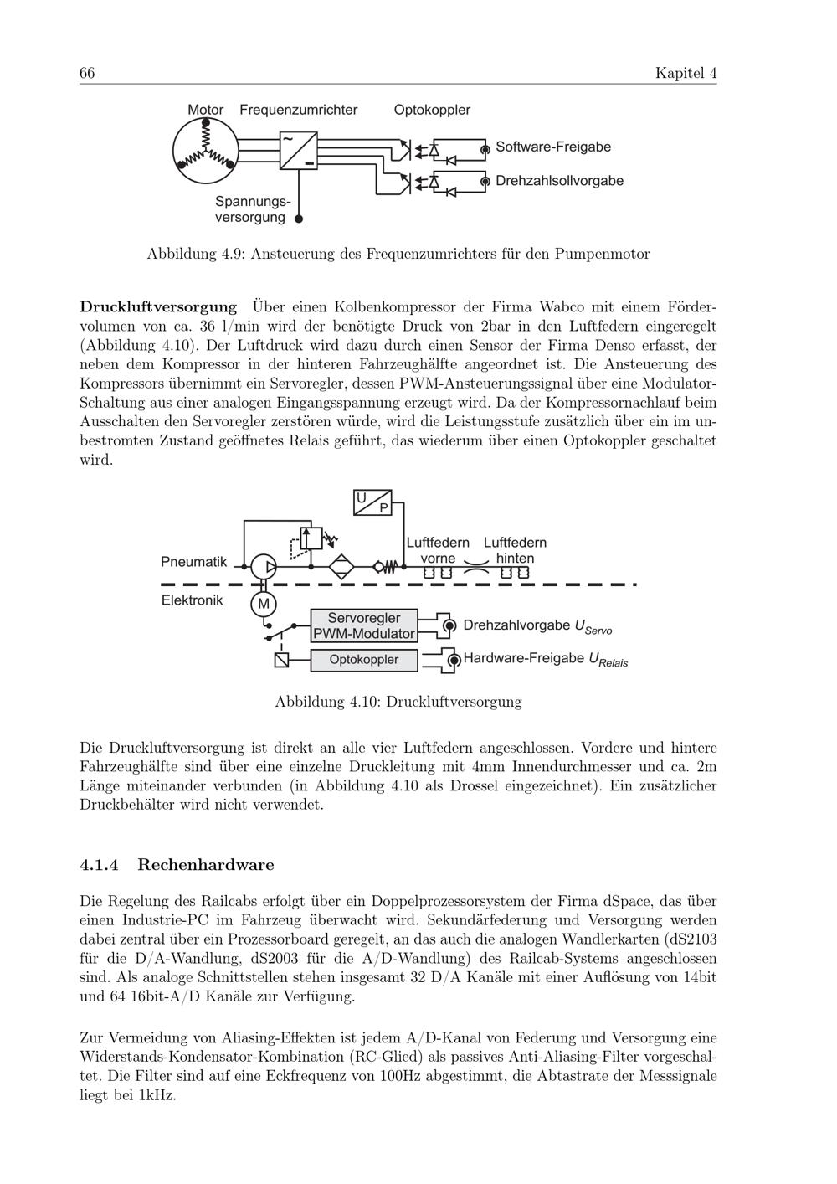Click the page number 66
coord(87,73)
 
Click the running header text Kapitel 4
coord(686,73)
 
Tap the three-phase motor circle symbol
coord(205,152)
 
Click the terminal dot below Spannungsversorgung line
coord(299,219)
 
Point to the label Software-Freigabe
coord(553,147)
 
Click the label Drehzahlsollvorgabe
coord(559,181)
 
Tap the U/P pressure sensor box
coord(372,502)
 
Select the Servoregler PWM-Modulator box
coord(363,625)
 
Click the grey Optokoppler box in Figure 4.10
coord(363,660)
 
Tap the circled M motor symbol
coord(264,603)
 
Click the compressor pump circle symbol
coord(264,567)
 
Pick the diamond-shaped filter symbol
coord(341,567)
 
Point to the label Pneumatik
coord(193,562)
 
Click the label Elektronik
coord(192,600)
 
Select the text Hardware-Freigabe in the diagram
coord(523,658)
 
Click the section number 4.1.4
coord(100,865)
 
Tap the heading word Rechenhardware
coord(205,865)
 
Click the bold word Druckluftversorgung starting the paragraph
coord(158,306)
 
